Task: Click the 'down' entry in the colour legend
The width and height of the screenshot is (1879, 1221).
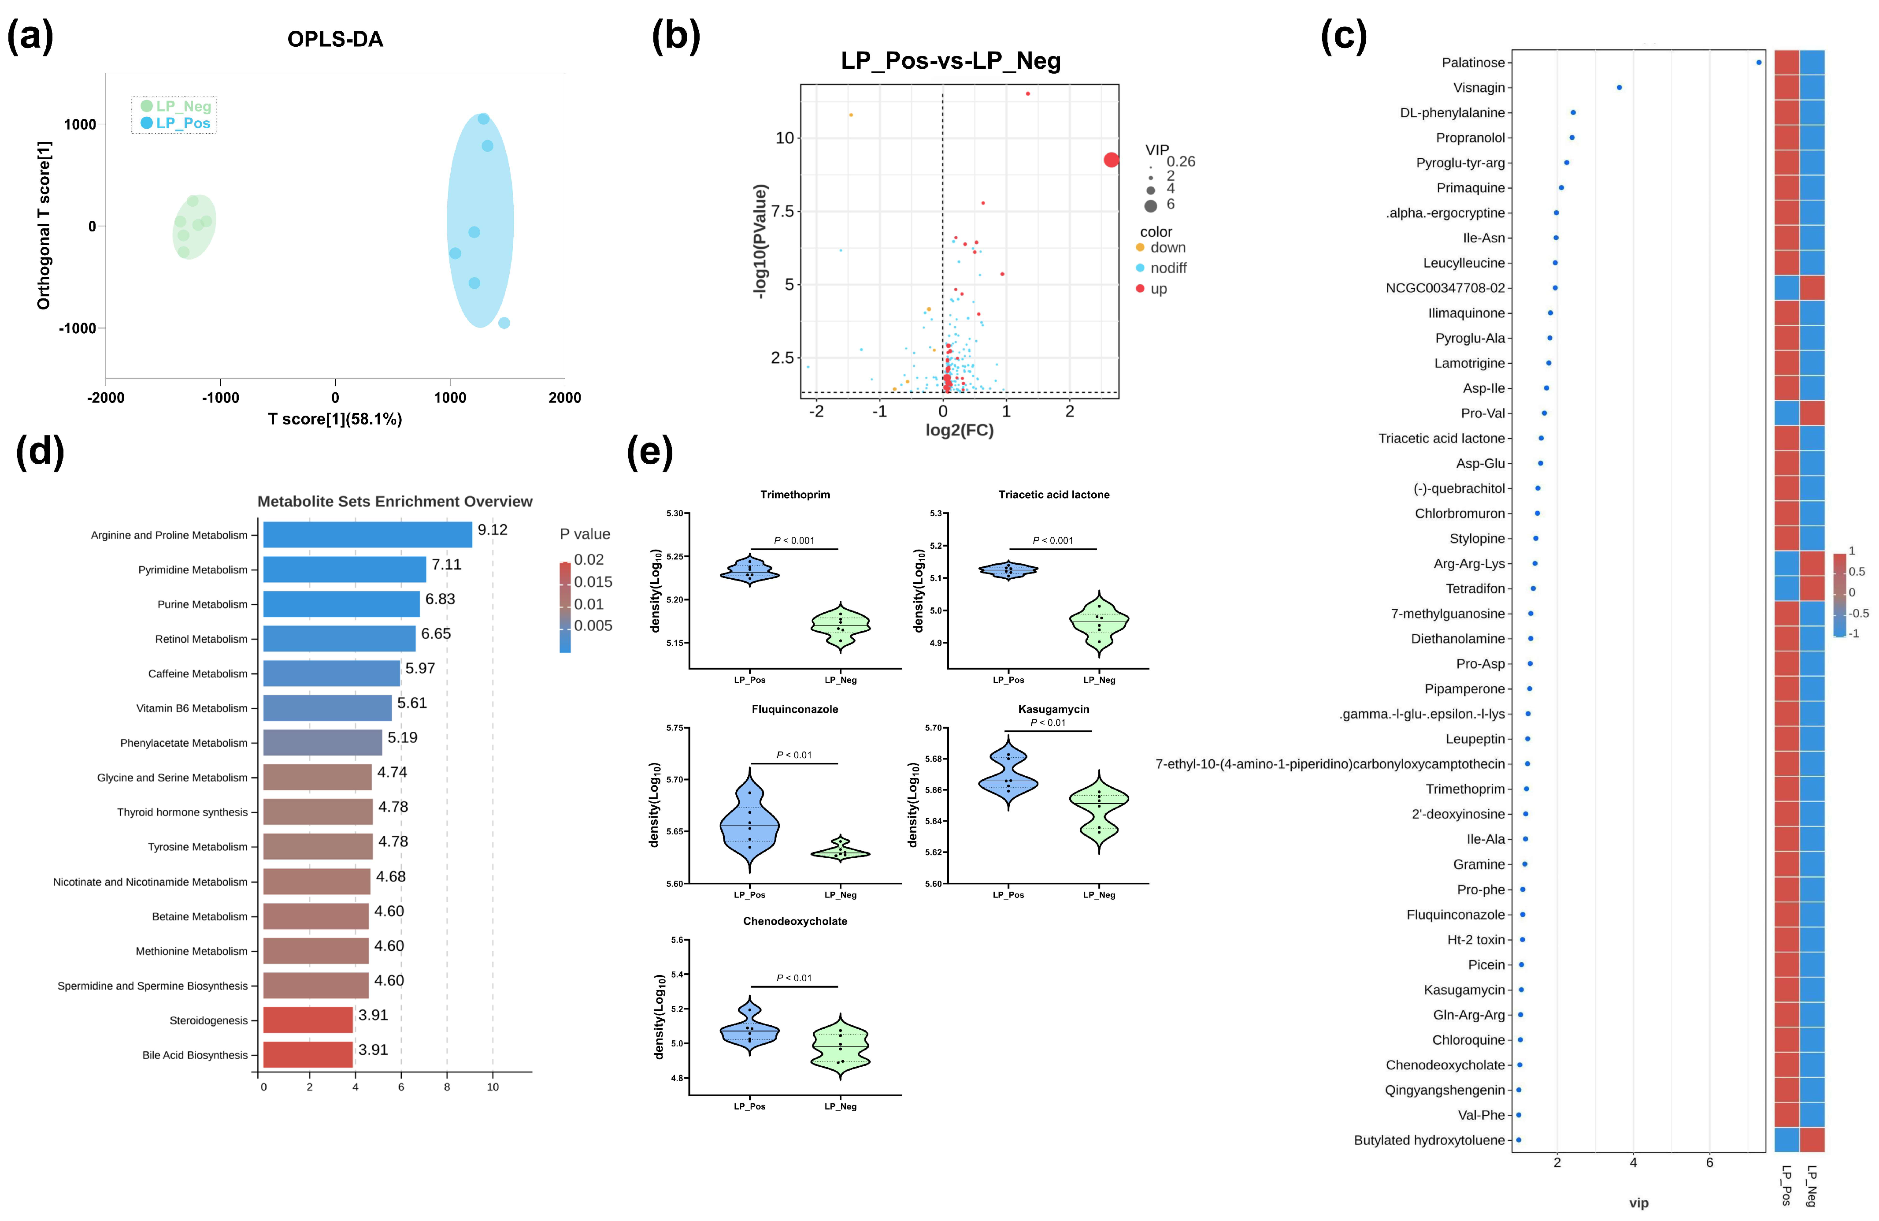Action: pyautogui.click(x=1167, y=247)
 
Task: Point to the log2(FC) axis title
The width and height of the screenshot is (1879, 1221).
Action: pyautogui.click(x=959, y=430)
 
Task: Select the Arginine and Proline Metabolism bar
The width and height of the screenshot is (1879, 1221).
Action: pyautogui.click(x=367, y=535)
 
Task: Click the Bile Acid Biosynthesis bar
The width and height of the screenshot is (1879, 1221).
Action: pyautogui.click(x=308, y=1054)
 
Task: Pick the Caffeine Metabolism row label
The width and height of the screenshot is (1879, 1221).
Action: pyautogui.click(x=197, y=674)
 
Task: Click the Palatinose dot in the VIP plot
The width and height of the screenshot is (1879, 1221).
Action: pyautogui.click(x=1759, y=63)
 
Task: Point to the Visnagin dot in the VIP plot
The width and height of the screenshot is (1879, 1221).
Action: pyautogui.click(x=1619, y=88)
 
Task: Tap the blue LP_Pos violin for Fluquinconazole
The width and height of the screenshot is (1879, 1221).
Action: pyautogui.click(x=749, y=825)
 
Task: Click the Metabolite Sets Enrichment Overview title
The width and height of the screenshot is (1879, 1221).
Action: pyautogui.click(x=395, y=502)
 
